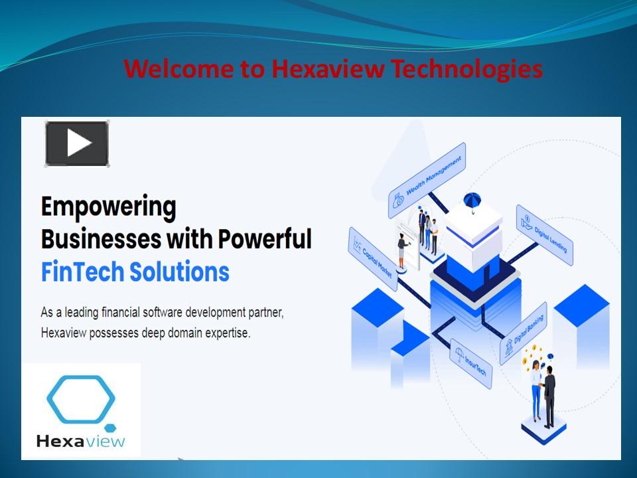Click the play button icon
(x=77, y=143)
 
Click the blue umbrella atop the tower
(x=473, y=199)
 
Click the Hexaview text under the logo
(x=80, y=440)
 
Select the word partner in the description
(x=265, y=313)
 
